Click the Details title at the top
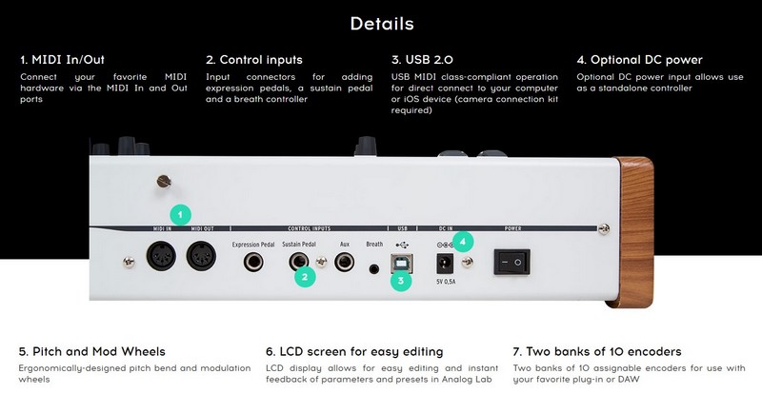coord(382,24)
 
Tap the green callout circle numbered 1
coord(180,215)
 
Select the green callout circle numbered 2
coord(305,277)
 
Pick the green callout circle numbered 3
coord(401,281)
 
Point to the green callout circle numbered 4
coord(463,241)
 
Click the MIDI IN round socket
coord(161,256)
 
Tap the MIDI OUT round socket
coord(201,256)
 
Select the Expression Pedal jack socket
coord(253,262)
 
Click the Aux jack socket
coord(344,262)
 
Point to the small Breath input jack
coord(373,268)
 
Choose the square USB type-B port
coord(401,264)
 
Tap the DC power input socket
coord(444,264)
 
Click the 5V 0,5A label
coord(446,282)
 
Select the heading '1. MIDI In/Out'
coord(62,60)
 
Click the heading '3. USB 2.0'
coord(422,60)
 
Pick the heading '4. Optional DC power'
coord(639,60)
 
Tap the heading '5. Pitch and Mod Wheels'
coord(92,351)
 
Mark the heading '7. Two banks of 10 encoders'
coord(597,351)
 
